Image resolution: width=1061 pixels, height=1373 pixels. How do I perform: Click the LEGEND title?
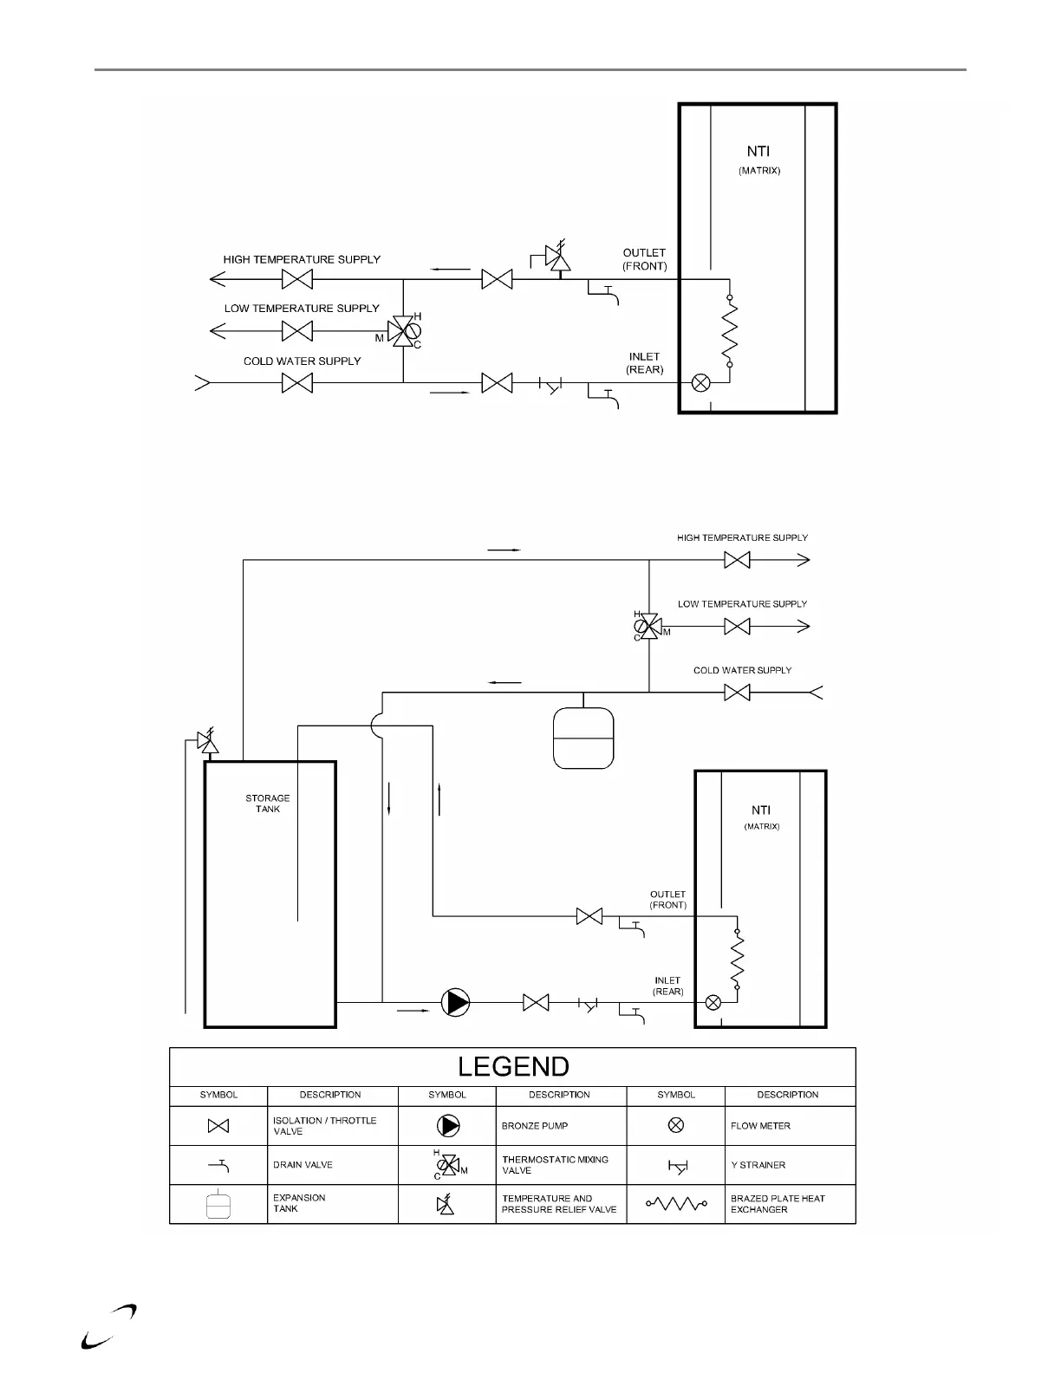pos(513,1067)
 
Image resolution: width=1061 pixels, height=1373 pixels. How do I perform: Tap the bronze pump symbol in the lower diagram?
pos(455,1003)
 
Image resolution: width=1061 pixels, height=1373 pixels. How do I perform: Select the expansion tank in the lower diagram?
pos(583,739)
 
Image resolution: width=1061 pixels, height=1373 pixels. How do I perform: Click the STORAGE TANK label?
pos(268,804)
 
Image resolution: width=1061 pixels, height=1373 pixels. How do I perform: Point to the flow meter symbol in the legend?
pos(676,1125)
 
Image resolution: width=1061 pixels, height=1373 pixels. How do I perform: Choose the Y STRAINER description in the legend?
pos(758,1165)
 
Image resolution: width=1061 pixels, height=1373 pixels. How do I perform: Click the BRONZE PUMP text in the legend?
pos(536,1126)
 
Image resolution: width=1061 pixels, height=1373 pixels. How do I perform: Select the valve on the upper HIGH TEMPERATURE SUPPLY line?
pos(297,279)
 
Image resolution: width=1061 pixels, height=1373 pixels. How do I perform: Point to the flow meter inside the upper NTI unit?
pos(700,382)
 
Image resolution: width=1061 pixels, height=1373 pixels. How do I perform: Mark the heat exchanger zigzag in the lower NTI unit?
pos(738,958)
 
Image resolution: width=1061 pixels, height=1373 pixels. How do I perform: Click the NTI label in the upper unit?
pos(758,152)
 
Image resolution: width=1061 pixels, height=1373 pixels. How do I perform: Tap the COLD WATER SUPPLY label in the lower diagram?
pos(742,670)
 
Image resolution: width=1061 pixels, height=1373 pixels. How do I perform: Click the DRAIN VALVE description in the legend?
pos(303,1165)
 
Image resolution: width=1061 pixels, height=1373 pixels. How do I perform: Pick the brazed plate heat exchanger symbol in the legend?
pos(676,1204)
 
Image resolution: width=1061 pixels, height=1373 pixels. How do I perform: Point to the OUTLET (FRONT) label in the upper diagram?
pos(644,259)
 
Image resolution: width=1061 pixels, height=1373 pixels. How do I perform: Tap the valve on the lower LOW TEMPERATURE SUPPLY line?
pos(737,626)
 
